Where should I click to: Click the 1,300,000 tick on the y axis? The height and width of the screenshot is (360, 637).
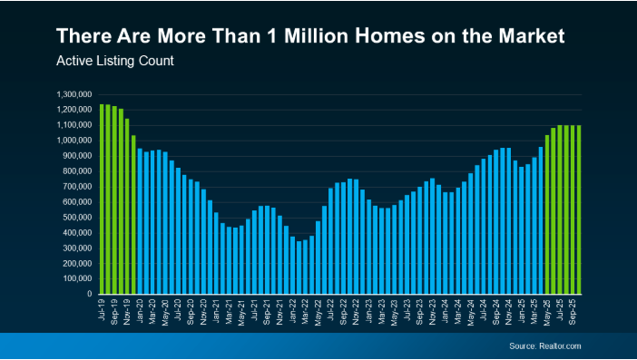(74, 94)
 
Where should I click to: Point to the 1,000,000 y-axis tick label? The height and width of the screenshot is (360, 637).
(74, 141)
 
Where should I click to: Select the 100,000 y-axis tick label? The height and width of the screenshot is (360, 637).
(77, 278)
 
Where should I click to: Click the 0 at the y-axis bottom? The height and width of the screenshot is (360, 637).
(89, 294)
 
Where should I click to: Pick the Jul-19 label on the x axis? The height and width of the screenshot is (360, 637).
(103, 311)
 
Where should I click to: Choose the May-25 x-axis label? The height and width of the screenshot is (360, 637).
(547, 311)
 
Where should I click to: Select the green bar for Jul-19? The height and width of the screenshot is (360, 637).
(103, 199)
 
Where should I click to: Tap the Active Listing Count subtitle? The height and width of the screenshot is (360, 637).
(114, 63)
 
